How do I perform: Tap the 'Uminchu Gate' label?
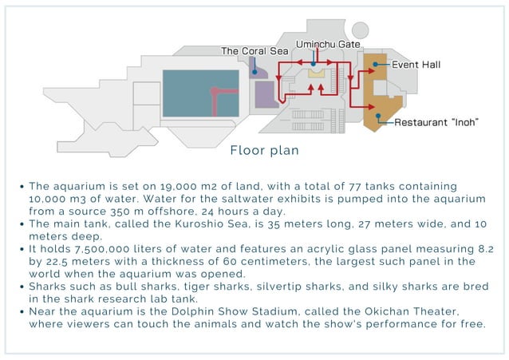[x=322, y=43]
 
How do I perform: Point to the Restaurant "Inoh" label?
[x=437, y=122]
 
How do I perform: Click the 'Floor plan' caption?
[x=264, y=150]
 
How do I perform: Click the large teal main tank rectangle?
[x=199, y=93]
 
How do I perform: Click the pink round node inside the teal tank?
[x=213, y=91]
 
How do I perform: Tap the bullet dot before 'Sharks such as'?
[x=22, y=285]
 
